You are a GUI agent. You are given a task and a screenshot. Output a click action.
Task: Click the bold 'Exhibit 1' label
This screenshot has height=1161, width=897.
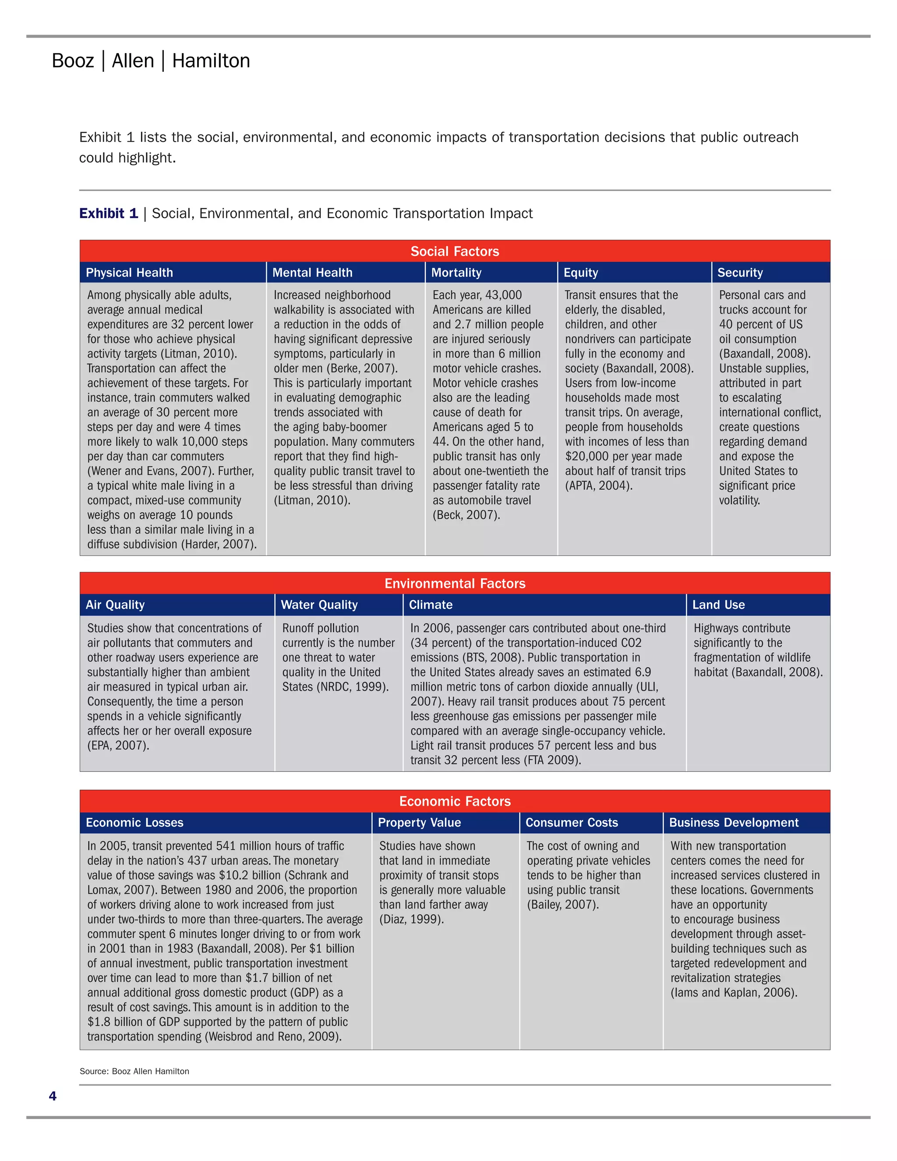pyautogui.click(x=109, y=213)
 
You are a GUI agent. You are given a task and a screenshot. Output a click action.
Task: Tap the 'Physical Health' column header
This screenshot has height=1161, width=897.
pyautogui.click(x=129, y=273)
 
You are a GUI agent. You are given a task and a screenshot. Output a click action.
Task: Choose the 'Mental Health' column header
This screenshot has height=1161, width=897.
pyautogui.click(x=312, y=273)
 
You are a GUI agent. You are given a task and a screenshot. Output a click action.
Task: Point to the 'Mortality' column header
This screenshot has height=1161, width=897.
pyautogui.click(x=456, y=273)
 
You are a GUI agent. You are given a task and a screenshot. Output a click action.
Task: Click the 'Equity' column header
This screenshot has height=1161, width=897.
pyautogui.click(x=580, y=273)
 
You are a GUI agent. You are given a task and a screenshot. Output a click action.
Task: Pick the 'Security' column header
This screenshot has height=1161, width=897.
pyautogui.click(x=740, y=273)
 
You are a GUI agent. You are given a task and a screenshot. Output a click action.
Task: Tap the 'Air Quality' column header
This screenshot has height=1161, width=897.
pyautogui.click(x=115, y=605)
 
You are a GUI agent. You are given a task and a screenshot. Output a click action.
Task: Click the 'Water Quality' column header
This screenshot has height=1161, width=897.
pyautogui.click(x=319, y=605)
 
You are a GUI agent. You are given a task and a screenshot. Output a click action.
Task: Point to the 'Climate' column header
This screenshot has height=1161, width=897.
pyautogui.click(x=431, y=605)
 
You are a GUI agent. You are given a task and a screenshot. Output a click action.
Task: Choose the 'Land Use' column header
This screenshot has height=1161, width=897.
pyautogui.click(x=718, y=605)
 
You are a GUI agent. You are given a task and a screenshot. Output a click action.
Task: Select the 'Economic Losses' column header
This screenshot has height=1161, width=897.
pyautogui.click(x=134, y=822)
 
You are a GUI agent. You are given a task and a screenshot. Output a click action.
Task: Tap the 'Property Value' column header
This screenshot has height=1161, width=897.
pyautogui.click(x=419, y=822)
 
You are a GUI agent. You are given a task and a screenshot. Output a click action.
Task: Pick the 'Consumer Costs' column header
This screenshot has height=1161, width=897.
pyautogui.click(x=571, y=822)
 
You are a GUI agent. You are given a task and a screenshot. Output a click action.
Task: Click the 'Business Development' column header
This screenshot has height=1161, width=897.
pyautogui.click(x=733, y=822)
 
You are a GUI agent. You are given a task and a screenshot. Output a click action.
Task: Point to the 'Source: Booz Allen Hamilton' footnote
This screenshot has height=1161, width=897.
pyautogui.click(x=134, y=1071)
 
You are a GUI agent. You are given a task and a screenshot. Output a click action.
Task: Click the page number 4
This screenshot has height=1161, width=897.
pyautogui.click(x=52, y=1096)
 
